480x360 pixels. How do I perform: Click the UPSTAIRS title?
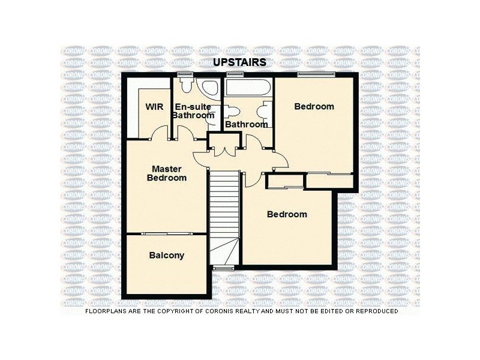click(x=240, y=62)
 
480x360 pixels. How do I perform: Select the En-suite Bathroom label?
click(x=193, y=111)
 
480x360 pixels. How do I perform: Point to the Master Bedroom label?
click(x=167, y=173)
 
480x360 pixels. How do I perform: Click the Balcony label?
click(x=166, y=256)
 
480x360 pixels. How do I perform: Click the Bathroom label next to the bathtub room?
click(x=246, y=124)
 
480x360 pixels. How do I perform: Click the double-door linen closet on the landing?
click(x=224, y=144)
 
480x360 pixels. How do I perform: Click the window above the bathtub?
click(x=234, y=74)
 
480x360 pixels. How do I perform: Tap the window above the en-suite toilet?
click(x=185, y=74)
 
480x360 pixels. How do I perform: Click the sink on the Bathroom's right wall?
click(x=263, y=111)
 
